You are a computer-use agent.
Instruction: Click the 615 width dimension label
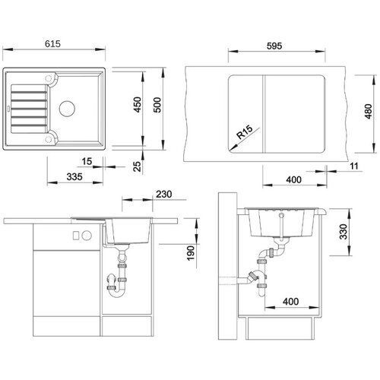click(52, 44)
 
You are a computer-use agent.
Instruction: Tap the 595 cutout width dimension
click(274, 46)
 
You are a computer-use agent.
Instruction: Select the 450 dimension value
click(138, 105)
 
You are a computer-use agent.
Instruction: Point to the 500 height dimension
click(157, 105)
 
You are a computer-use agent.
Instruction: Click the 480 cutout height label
click(368, 112)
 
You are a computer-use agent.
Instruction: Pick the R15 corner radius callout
click(245, 132)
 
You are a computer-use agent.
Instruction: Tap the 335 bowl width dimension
click(74, 176)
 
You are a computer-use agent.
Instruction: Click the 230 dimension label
click(163, 195)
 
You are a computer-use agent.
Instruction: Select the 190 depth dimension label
click(190, 253)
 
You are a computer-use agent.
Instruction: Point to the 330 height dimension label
click(344, 232)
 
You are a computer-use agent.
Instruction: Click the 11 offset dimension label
click(354, 166)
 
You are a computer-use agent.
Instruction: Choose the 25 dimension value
click(137, 166)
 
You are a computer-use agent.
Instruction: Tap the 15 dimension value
click(87, 161)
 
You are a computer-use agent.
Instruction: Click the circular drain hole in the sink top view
click(67, 109)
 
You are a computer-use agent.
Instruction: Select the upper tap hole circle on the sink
click(48, 78)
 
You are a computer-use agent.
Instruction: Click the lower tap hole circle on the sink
click(48, 139)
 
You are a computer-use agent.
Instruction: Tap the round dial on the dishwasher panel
click(87, 236)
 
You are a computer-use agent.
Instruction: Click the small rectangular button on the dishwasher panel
click(75, 236)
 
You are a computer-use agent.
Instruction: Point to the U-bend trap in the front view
click(117, 291)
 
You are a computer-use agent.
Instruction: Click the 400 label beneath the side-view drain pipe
click(290, 302)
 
